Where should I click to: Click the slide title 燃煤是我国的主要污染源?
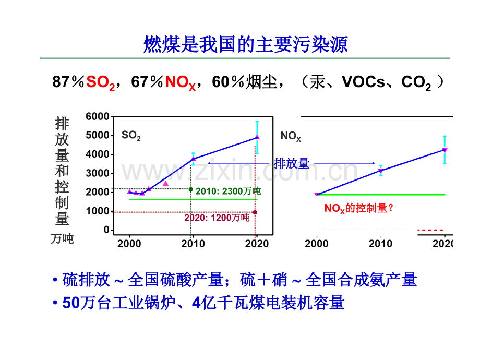coord(245,45)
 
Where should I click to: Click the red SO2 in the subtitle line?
coord(100,82)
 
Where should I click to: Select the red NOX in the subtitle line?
coord(180,82)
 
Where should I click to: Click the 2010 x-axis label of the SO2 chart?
coord(193,244)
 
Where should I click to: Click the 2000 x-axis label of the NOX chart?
coord(317,244)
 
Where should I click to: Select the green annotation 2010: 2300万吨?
coord(228,191)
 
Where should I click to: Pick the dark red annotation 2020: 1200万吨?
coord(217,218)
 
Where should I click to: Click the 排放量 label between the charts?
coord(292,164)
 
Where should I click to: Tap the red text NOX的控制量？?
coord(359,208)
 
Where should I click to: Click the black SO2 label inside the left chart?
coord(131,136)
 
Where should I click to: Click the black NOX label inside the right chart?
coord(291,136)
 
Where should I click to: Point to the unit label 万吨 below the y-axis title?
coord(62,239)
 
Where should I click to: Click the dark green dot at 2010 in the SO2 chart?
coord(191,189)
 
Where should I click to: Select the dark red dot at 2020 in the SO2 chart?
coord(255,212)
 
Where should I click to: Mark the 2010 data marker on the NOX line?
coord(381,171)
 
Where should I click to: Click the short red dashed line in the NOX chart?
coord(430,230)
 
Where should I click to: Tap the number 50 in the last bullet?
coord(70,303)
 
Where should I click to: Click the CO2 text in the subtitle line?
coord(416,82)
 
